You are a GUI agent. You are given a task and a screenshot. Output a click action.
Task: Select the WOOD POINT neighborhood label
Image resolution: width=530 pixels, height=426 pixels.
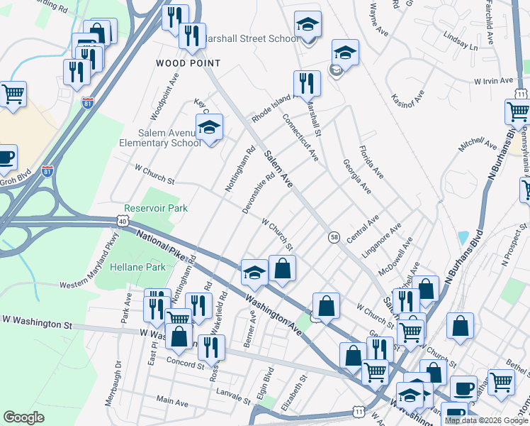[188, 63]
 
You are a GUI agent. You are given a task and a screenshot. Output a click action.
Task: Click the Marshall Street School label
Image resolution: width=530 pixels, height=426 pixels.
[252, 38]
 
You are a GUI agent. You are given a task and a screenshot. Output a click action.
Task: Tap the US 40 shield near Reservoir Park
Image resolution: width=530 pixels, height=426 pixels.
[123, 222]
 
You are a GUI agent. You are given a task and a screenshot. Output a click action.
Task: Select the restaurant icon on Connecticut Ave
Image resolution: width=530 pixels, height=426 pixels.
[307, 84]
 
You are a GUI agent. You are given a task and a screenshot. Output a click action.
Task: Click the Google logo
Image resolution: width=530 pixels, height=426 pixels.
[24, 417]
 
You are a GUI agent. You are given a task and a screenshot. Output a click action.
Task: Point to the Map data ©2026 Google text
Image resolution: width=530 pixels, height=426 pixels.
[486, 420]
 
